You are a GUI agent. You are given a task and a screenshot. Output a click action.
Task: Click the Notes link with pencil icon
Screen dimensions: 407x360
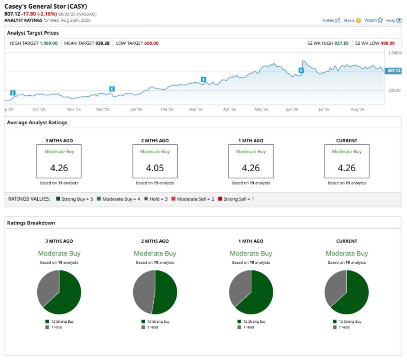(x=331, y=20)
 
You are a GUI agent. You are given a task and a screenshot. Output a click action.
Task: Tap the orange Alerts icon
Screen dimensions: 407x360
(x=358, y=20)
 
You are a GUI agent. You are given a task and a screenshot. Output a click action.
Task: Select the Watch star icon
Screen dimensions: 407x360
(x=380, y=20)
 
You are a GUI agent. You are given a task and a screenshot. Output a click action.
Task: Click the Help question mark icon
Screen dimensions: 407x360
(x=399, y=20)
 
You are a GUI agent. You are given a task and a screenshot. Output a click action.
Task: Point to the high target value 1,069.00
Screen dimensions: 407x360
(x=48, y=43)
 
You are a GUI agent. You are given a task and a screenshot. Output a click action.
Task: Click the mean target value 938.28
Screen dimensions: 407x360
(x=102, y=43)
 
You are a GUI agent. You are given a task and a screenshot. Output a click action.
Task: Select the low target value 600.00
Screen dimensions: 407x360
(x=152, y=43)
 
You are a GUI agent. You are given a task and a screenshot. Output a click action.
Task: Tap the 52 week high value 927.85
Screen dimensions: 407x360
(x=341, y=43)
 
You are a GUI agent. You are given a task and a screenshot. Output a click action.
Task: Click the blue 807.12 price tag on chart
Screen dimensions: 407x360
(x=394, y=71)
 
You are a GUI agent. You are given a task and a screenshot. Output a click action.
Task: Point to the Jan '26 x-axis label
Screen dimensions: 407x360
(x=136, y=109)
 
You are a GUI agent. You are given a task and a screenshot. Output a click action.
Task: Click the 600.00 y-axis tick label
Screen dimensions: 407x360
(x=394, y=90)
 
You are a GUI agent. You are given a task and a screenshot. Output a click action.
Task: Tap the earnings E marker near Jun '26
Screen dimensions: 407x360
(x=301, y=70)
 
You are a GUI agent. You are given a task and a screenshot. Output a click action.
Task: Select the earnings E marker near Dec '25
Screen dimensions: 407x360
(x=112, y=89)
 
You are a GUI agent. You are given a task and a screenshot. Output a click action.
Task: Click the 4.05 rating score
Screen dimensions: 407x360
(x=155, y=168)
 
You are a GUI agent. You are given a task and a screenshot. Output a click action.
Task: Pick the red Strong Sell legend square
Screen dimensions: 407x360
(x=220, y=199)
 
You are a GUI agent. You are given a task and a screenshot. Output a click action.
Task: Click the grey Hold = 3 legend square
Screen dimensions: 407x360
(x=146, y=199)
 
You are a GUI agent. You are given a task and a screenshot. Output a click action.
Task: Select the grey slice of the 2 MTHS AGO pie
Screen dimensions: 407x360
(x=143, y=291)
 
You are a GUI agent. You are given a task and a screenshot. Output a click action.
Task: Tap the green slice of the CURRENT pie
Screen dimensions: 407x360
(x=355, y=295)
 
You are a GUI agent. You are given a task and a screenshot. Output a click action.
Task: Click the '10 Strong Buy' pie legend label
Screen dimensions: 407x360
(x=158, y=321)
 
